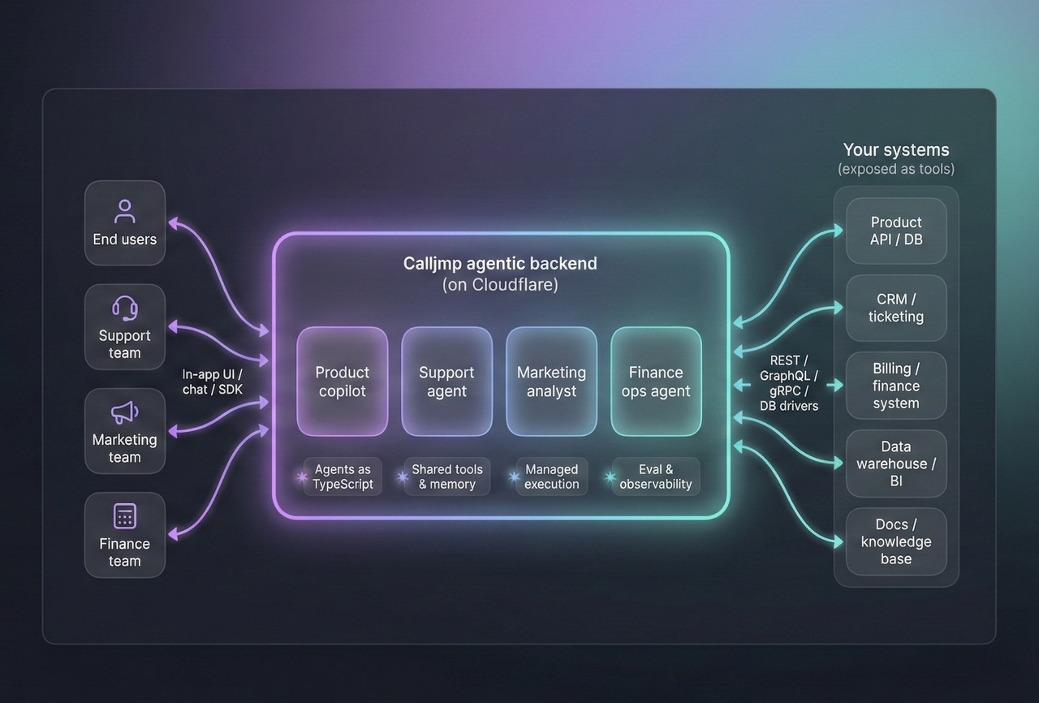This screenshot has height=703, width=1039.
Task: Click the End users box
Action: (x=125, y=223)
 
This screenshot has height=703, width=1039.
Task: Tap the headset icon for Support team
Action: (x=125, y=308)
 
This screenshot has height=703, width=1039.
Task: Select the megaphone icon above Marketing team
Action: (x=124, y=412)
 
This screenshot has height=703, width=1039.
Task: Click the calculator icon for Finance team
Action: (x=125, y=515)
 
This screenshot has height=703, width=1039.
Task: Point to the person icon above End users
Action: (x=125, y=212)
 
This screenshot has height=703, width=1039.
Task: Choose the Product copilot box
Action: (x=342, y=382)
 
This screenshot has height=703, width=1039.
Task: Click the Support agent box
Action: (x=446, y=382)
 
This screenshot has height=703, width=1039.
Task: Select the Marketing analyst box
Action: (x=551, y=382)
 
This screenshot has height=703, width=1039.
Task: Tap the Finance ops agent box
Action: (x=656, y=382)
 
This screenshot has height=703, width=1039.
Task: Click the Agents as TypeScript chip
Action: (x=342, y=477)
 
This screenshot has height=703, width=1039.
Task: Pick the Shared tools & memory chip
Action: (x=446, y=477)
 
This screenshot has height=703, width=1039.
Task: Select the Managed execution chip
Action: (x=551, y=477)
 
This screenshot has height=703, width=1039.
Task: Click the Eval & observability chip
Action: (x=656, y=477)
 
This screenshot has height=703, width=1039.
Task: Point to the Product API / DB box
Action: (x=896, y=231)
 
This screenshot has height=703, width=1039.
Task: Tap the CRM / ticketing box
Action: (x=896, y=308)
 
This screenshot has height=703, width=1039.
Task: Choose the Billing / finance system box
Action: (x=896, y=386)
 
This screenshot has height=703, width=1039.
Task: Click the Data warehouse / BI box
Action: (x=896, y=464)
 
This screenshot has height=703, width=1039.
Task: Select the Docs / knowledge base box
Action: (x=896, y=541)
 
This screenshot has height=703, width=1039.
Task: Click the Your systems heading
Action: (x=896, y=150)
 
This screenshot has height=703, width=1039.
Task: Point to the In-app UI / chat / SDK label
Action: (x=213, y=382)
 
